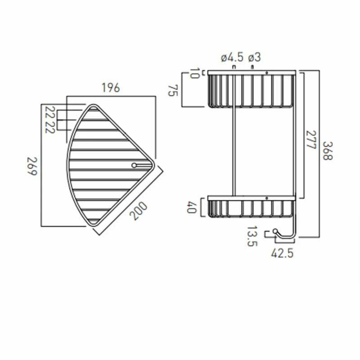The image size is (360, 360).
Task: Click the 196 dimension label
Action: coord(111,88)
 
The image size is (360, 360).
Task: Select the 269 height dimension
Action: coord(31,166)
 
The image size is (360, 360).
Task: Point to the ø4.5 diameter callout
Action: coord(232,57)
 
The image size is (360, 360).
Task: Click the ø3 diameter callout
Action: coord(254,57)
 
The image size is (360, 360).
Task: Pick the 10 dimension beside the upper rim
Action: coord(194,73)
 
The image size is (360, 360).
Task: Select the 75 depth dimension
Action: coord(171,90)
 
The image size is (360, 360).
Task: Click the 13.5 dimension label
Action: coord(252,236)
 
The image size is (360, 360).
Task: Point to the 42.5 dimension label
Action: coord(282,253)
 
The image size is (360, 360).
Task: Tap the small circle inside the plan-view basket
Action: coord(134,166)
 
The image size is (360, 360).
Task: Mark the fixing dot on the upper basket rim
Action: coord(267,72)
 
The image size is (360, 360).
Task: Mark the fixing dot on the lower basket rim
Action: coord(267,198)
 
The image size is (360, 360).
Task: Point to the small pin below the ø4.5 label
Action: coord(234,67)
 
